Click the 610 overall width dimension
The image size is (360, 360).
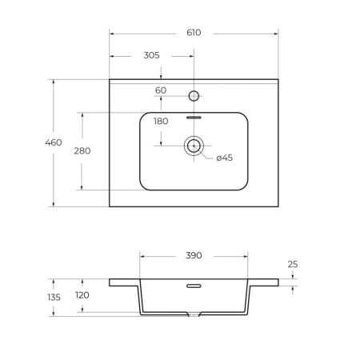(x=194, y=33)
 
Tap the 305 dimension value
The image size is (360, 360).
(x=151, y=55)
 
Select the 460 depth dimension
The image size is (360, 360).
(x=54, y=142)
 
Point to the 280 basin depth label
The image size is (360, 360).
(x=82, y=151)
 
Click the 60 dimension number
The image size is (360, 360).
(x=161, y=90)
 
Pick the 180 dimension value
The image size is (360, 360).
(x=161, y=121)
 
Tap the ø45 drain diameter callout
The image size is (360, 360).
(x=225, y=158)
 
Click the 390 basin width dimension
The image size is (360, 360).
(x=194, y=255)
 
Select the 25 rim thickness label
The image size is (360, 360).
(x=293, y=264)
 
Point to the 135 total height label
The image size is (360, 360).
(x=54, y=297)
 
